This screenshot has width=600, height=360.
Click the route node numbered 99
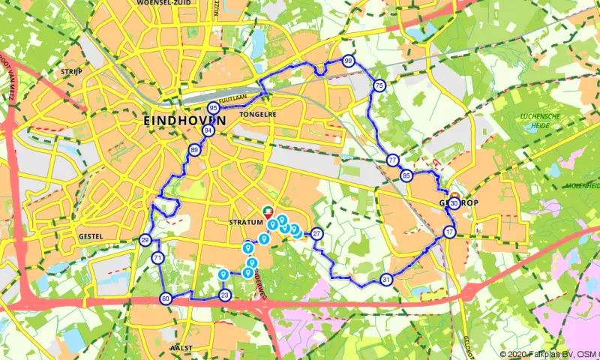click(x=348, y=61)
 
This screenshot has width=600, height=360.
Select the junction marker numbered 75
click(x=379, y=86)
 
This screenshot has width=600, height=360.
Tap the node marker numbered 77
click(x=392, y=160)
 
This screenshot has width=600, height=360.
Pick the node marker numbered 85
click(x=406, y=176)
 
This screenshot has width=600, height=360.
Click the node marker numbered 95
click(x=214, y=109)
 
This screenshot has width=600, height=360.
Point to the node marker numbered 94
click(x=208, y=130)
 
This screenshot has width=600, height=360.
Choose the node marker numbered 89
click(x=195, y=151)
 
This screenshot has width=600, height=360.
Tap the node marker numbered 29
click(x=145, y=241)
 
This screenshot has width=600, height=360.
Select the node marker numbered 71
click(x=157, y=258)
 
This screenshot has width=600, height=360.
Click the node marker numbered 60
click(x=166, y=299)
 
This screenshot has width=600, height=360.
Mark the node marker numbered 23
click(x=224, y=295)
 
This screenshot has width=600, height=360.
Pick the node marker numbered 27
click(x=317, y=234)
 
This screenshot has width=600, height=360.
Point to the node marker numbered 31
click(x=385, y=280)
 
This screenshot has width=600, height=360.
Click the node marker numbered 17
click(x=449, y=232)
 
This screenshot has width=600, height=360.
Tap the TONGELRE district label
click(x=257, y=115)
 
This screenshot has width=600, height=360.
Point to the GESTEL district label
click(x=89, y=235)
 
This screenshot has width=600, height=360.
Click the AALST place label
click(x=182, y=348)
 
